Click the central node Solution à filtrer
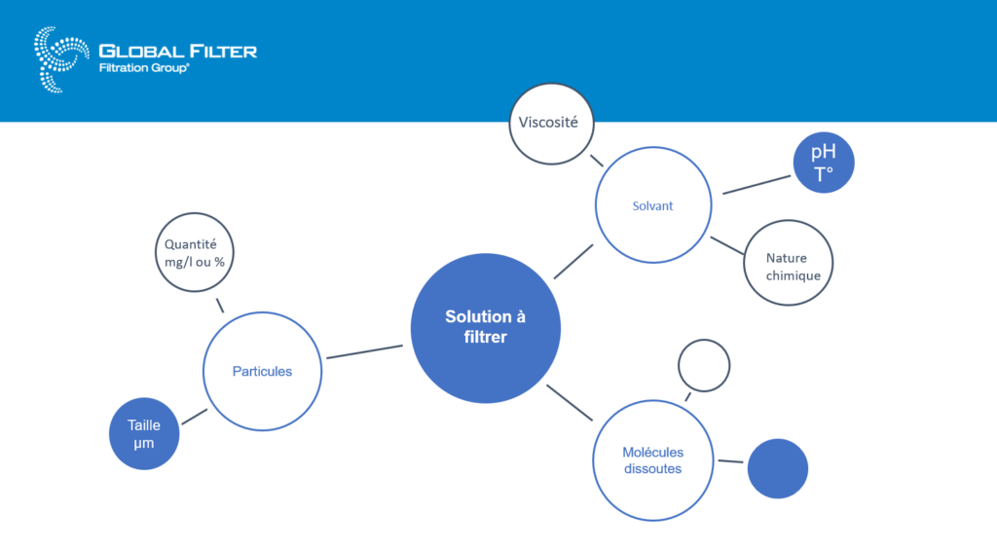tap(485, 328)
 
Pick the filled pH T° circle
tap(824, 162)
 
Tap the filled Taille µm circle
tap(144, 433)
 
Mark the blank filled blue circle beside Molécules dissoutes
tap(778, 468)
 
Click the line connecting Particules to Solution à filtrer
tap(364, 352)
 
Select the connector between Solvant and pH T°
tap(757, 185)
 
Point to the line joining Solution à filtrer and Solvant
tap(573, 261)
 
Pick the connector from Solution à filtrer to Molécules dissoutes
tap(570, 403)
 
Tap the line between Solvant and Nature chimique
tap(726, 246)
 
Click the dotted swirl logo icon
tap(61, 59)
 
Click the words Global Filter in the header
tap(178, 52)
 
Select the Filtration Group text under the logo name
tap(144, 68)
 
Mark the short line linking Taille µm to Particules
tap(195, 417)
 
